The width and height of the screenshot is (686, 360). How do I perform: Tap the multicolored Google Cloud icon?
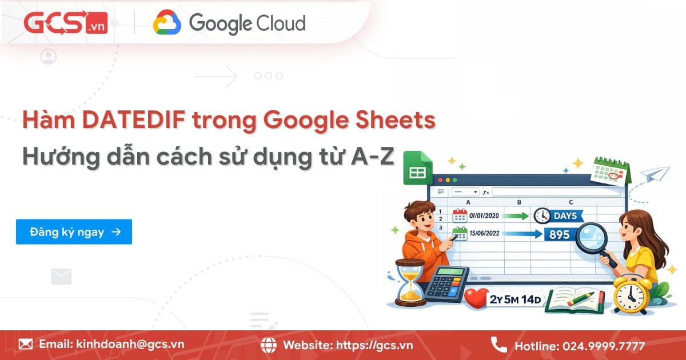(167, 24)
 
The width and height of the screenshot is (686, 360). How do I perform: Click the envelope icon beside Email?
(26, 345)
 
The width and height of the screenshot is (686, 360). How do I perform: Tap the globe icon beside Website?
(269, 345)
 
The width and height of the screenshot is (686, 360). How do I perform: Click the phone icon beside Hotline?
(498, 345)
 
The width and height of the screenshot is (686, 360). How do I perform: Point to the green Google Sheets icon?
(417, 168)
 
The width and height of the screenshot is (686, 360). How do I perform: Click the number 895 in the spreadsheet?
(559, 234)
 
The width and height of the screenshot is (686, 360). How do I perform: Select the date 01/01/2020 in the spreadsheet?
(484, 216)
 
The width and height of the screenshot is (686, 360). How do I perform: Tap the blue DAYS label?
(566, 216)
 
